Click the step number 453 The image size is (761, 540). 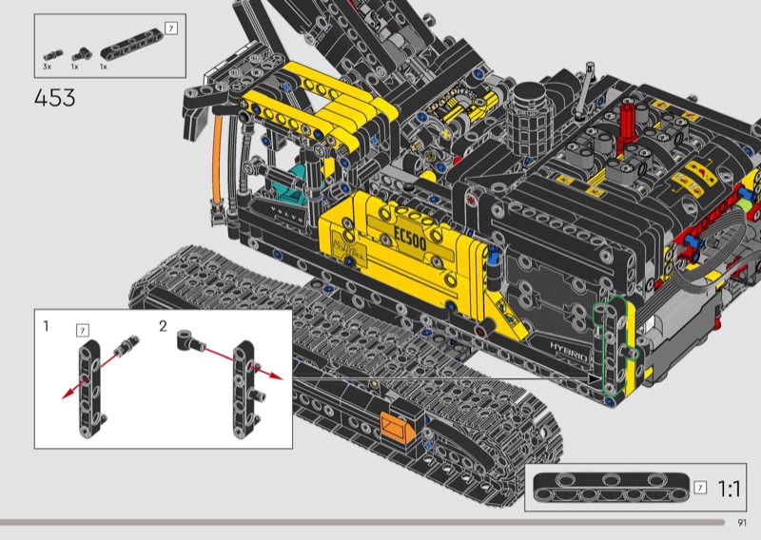(55, 98)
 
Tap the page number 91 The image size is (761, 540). (742, 523)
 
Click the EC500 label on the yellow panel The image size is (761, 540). (411, 238)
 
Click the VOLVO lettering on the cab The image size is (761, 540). (287, 214)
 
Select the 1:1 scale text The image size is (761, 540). (729, 489)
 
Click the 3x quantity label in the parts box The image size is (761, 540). (47, 67)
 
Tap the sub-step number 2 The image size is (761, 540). (163, 326)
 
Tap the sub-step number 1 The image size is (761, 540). (46, 325)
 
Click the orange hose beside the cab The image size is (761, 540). (217, 160)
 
